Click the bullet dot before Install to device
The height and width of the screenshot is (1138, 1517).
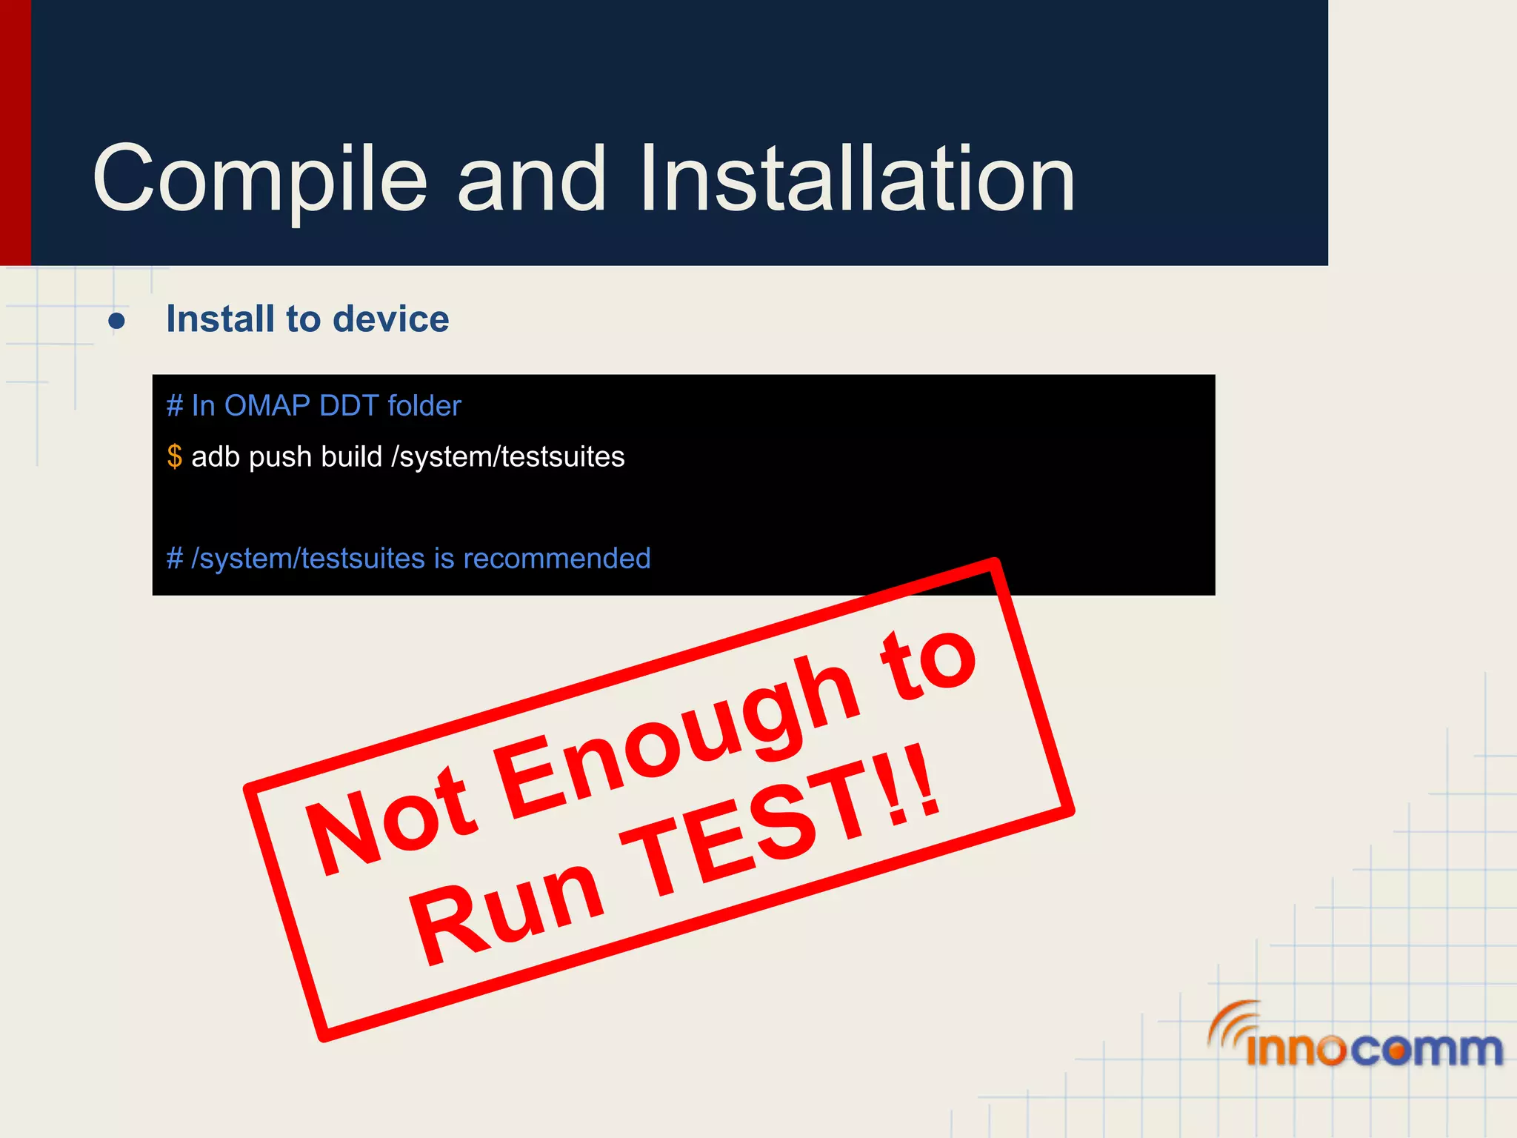pos(116,321)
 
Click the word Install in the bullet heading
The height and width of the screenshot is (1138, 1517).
pos(220,319)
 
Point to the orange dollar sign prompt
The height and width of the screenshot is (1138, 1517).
pos(174,456)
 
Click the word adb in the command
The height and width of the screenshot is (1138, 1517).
pos(215,457)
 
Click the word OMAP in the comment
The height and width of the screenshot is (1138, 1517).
pos(267,406)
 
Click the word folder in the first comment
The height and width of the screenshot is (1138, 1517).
pos(424,406)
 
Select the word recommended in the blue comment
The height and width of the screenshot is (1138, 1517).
pos(556,559)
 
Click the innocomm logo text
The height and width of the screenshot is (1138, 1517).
pos(1374,1049)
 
